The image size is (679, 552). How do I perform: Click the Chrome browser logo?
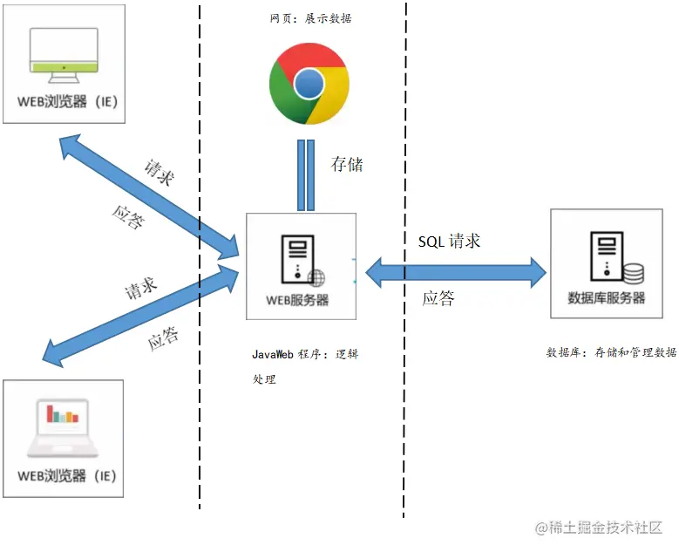[309, 84]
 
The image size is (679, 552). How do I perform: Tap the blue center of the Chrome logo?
[309, 84]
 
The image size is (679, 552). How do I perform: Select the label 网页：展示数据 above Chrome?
[310, 17]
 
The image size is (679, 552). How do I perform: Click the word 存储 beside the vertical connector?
[346, 164]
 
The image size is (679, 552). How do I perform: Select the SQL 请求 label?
[449, 242]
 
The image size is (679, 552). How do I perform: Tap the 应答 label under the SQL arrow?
[438, 298]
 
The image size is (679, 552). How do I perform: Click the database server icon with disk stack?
[614, 257]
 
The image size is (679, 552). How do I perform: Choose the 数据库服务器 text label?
[607, 297]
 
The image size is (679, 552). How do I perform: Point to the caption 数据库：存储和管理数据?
[611, 353]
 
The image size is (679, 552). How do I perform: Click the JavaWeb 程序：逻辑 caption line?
[305, 355]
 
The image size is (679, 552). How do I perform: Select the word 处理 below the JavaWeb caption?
[263, 379]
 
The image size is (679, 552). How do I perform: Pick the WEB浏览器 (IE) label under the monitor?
[66, 102]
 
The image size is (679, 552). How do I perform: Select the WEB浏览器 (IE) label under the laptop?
[66, 476]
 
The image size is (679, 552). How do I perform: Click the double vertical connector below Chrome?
[306, 174]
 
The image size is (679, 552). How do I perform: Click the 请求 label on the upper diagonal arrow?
[159, 173]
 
